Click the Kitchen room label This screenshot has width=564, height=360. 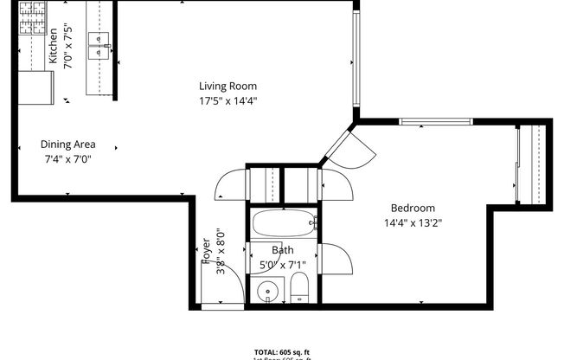pyautogui.click(x=53, y=47)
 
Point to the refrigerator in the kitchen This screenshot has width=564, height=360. pyautogui.click(x=35, y=87)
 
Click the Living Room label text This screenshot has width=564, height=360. pyautogui.click(x=228, y=86)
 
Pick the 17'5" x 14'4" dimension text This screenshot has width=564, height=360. pyautogui.click(x=228, y=100)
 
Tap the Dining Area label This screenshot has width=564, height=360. pyautogui.click(x=68, y=145)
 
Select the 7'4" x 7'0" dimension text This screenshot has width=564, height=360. pyautogui.click(x=68, y=159)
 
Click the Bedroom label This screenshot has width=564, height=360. pyautogui.click(x=413, y=208)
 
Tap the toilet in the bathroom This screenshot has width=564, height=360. pyautogui.click(x=299, y=288)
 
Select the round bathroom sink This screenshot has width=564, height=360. pyautogui.click(x=269, y=292)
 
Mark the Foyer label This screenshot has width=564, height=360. pyautogui.click(x=207, y=249)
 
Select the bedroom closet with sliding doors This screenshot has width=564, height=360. pyautogui.click(x=530, y=164)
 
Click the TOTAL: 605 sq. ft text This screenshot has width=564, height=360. pyautogui.click(x=282, y=353)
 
